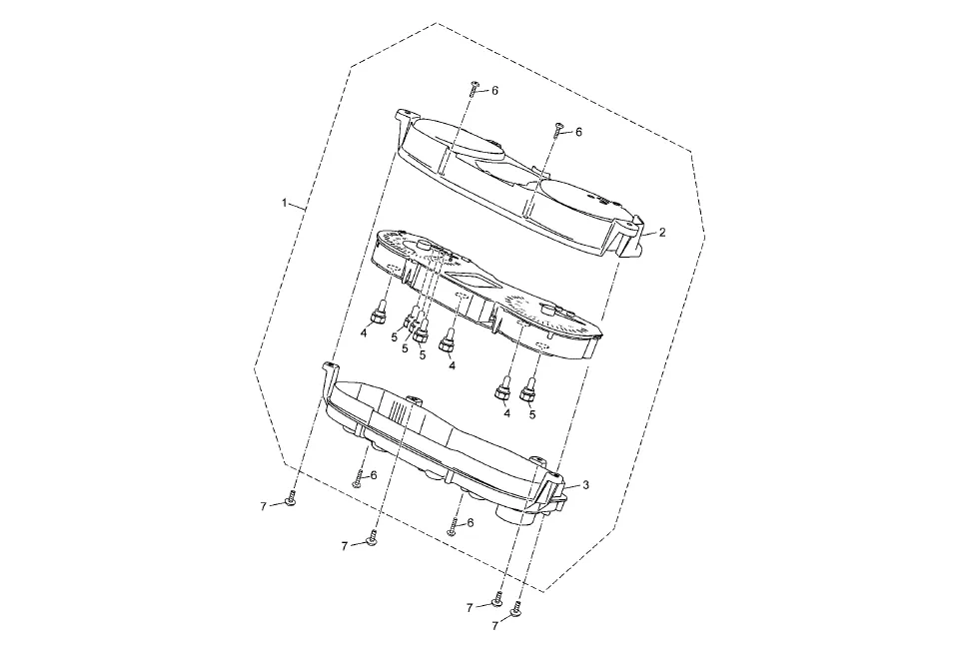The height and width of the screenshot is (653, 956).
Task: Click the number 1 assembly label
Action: [285, 203]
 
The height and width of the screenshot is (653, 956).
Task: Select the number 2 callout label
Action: [661, 232]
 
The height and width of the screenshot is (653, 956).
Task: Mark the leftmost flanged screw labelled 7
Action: [289, 499]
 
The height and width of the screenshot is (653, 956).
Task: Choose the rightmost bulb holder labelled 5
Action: [529, 387]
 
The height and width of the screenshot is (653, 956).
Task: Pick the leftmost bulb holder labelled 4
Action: [380, 316]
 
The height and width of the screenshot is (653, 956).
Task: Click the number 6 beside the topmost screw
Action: [494, 91]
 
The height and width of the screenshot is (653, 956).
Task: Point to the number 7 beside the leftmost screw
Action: [264, 506]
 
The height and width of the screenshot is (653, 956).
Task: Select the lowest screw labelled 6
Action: [452, 526]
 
